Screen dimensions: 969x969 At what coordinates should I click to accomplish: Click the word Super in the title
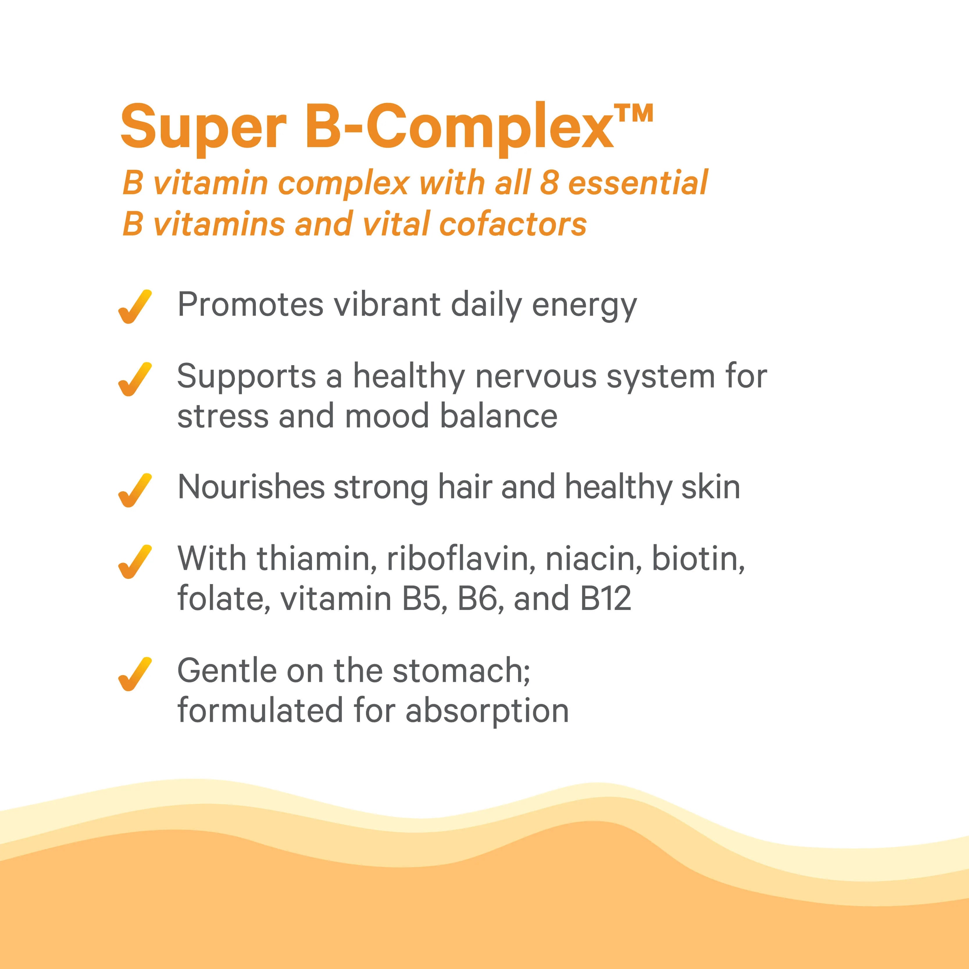204,128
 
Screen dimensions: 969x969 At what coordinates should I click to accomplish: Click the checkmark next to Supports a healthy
134,379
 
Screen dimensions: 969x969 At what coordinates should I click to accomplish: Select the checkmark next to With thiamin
134,562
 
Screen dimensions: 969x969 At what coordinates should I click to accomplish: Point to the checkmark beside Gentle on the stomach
134,674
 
